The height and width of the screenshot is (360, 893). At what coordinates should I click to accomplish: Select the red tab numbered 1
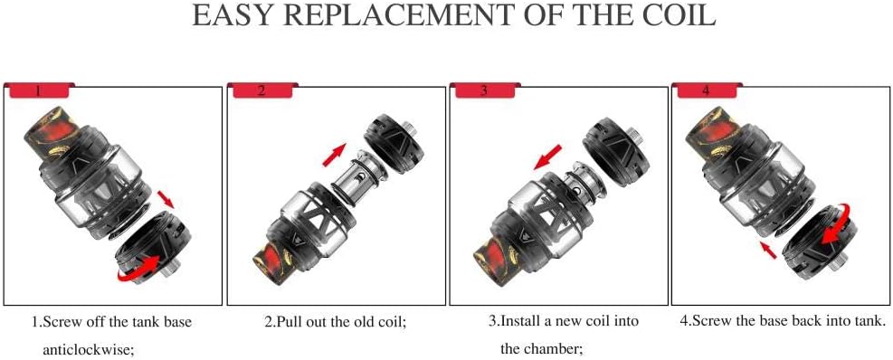(x=38, y=90)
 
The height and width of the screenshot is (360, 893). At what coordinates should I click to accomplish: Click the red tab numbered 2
(x=261, y=90)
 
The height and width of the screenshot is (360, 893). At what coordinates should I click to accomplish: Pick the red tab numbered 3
(x=483, y=90)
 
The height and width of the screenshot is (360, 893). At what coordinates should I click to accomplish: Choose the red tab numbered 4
(x=707, y=90)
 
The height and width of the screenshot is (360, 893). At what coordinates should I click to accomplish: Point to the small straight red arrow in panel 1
(x=166, y=199)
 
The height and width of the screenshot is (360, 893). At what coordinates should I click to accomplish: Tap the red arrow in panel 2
(x=334, y=155)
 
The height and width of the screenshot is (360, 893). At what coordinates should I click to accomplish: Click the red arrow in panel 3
(x=547, y=156)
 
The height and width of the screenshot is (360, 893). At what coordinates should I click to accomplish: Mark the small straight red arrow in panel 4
(x=768, y=249)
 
